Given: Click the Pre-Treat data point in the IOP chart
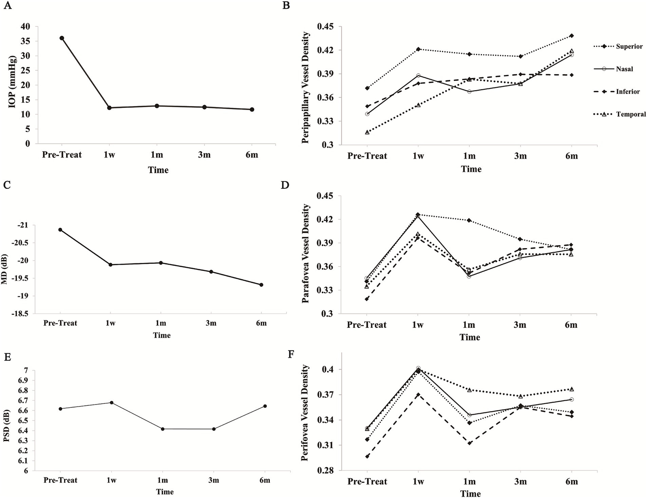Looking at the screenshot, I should pos(62,38).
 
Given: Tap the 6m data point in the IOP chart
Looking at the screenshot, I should pos(252,110).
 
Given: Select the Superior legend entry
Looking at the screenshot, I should pos(629,46).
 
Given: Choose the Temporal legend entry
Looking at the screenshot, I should pos(631,114).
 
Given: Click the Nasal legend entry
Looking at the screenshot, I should pos(624,69).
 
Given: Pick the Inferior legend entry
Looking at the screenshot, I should pos(628,91).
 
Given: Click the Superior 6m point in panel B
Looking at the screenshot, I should pos(572,36).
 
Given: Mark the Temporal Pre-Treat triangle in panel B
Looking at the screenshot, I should pos(367,132).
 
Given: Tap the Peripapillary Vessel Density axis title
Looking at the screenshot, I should pos(306,88).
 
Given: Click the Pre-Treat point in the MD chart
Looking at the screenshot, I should pos(60,230).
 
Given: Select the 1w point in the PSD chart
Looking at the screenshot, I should pos(112,402).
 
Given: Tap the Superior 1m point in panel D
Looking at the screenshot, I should pos(469,220).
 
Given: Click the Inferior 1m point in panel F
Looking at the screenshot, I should pos(469,443).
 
